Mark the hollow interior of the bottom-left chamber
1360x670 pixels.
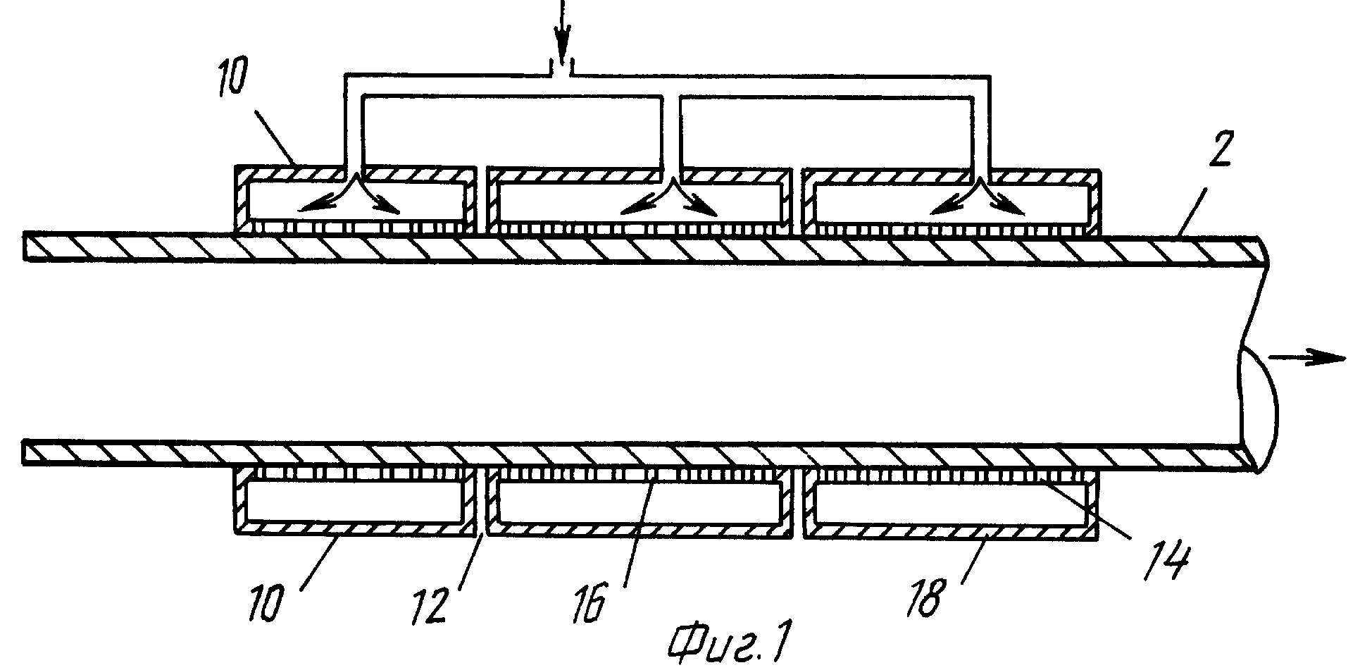pos(352,504)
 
